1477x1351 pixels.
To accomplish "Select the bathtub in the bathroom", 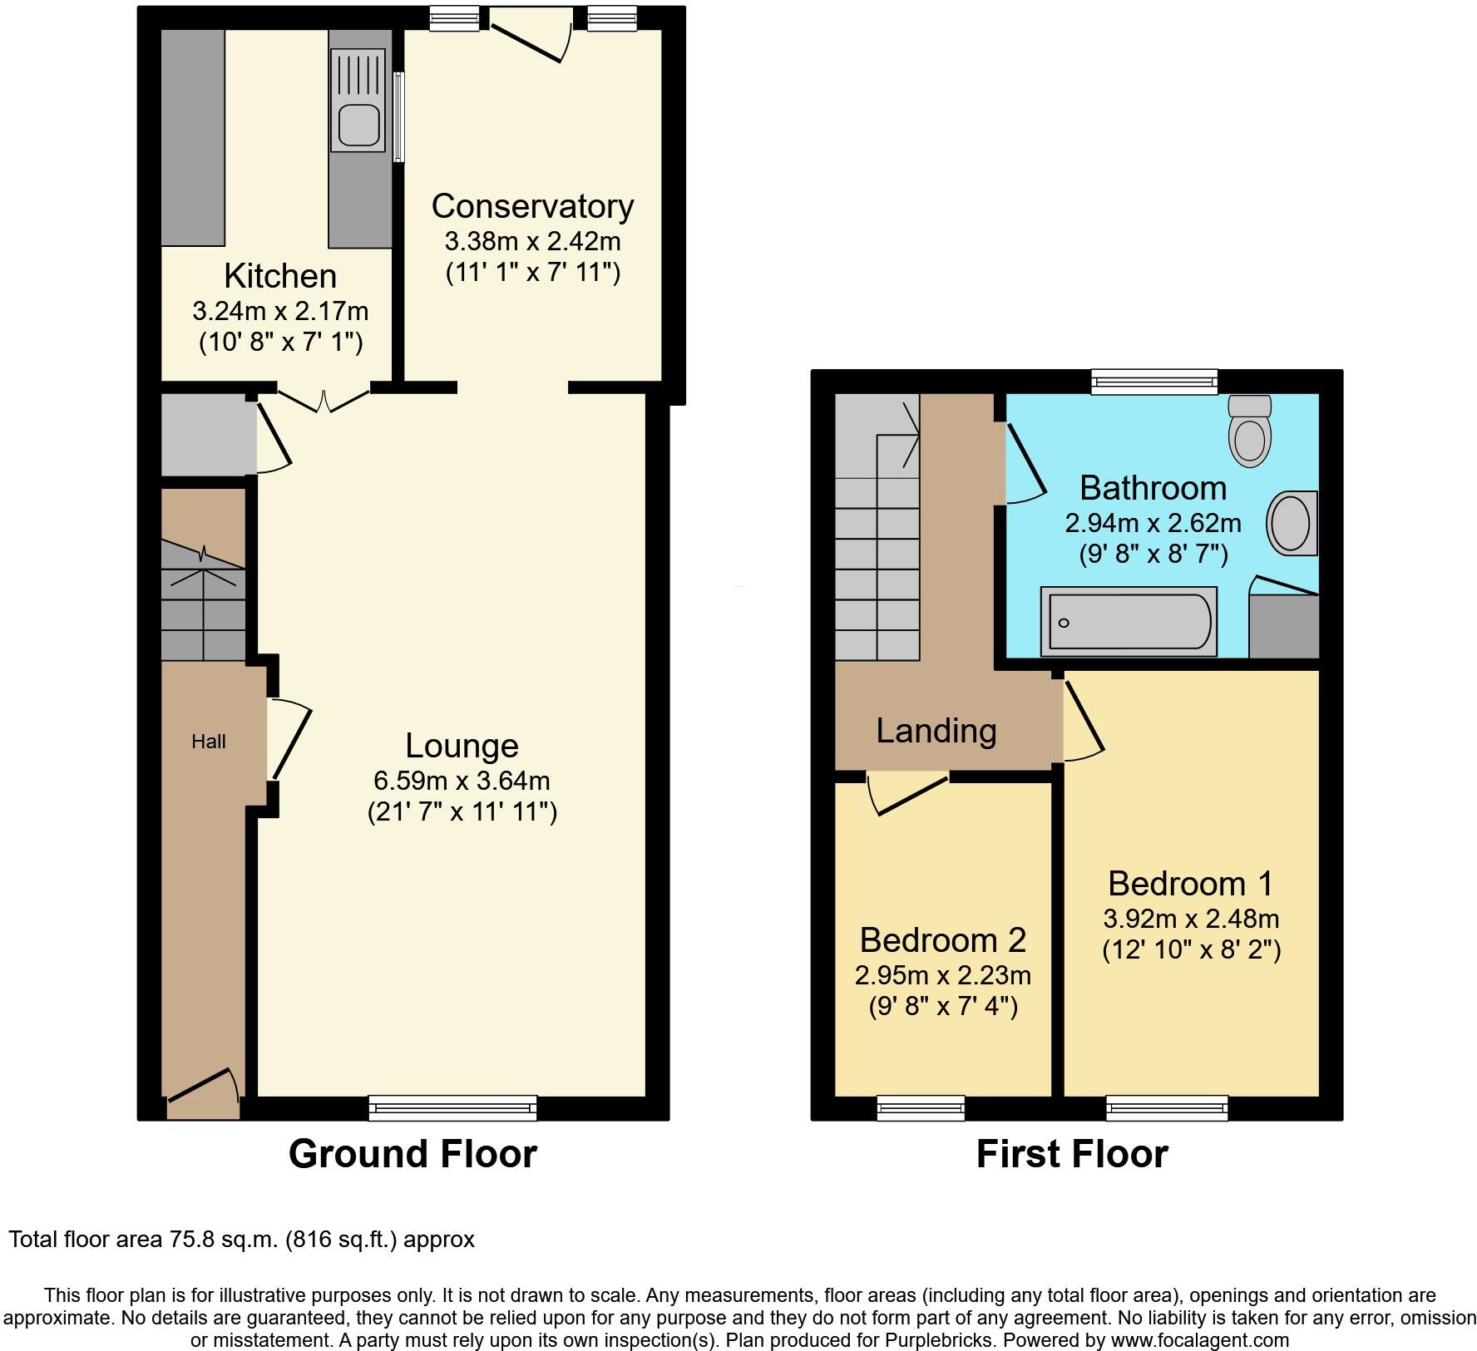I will click(1129, 620).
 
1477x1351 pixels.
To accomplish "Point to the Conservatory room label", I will click(532, 206).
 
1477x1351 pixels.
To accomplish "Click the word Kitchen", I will click(280, 276).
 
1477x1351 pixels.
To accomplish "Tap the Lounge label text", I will click(462, 745).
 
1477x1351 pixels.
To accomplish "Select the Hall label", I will click(209, 742).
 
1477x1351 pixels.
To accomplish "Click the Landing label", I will click(936, 731).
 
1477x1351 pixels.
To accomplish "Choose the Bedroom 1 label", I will click(1190, 883).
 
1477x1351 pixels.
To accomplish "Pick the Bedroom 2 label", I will click(942, 939).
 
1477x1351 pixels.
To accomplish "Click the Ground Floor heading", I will click(412, 1154).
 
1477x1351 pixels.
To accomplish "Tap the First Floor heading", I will click(1072, 1154).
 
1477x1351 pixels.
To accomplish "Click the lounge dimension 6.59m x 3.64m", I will click(462, 781).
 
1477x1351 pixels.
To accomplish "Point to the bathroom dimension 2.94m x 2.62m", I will click(1153, 523).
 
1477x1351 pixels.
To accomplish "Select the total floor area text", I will click(241, 1240).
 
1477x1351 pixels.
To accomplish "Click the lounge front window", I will click(453, 1107).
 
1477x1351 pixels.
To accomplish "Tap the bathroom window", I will click(1155, 381).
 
